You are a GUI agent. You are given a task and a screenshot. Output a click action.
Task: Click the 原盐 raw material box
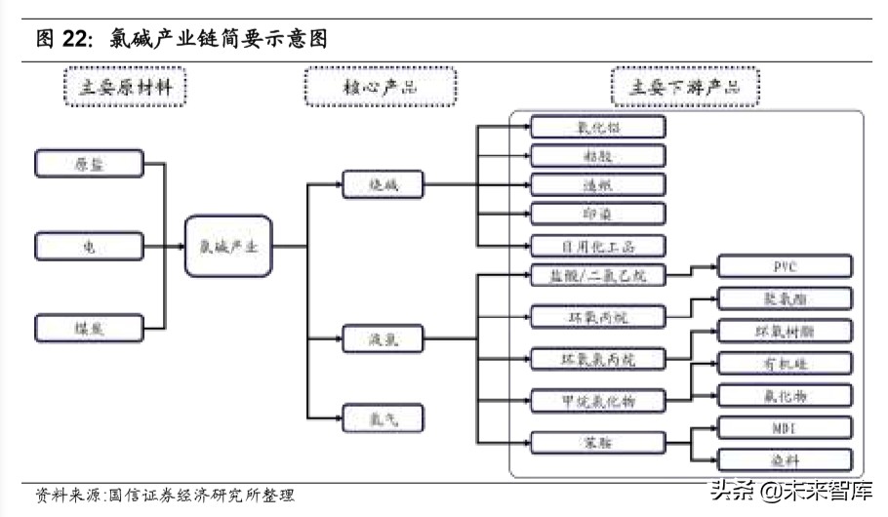pyautogui.click(x=89, y=164)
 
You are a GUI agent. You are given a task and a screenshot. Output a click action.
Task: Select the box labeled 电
pyautogui.click(x=89, y=247)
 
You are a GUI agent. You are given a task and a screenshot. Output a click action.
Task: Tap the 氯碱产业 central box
pyautogui.click(x=228, y=247)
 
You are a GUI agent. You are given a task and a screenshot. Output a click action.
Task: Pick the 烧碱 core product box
pyautogui.click(x=370, y=183)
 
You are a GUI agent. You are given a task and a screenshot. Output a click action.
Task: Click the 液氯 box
pyautogui.click(x=370, y=339)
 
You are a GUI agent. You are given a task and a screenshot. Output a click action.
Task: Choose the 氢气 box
pyautogui.click(x=370, y=418)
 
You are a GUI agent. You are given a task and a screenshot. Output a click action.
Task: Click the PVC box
pyautogui.click(x=785, y=266)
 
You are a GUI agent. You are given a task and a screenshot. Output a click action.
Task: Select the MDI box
pyautogui.click(x=785, y=427)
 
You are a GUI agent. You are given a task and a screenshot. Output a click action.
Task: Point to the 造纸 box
pyautogui.click(x=597, y=184)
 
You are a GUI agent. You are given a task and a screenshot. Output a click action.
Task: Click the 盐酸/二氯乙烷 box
pyautogui.click(x=597, y=276)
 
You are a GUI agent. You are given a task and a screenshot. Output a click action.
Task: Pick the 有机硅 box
pyautogui.click(x=785, y=363)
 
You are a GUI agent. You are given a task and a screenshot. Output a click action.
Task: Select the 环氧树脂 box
pyautogui.click(x=785, y=331)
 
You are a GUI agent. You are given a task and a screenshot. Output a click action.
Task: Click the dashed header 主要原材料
pyautogui.click(x=124, y=87)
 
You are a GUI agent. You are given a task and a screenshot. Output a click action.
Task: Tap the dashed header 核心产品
pyautogui.click(x=380, y=87)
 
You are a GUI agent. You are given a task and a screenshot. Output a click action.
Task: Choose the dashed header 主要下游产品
pyautogui.click(x=684, y=87)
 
